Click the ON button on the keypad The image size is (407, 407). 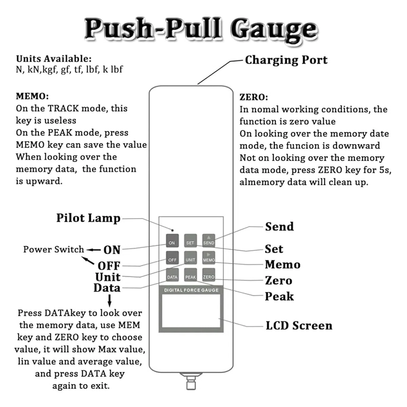click(x=172, y=240)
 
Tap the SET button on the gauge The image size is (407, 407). click(x=190, y=240)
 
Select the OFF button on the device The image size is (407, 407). click(x=172, y=258)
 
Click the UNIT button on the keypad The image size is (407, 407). click(x=190, y=258)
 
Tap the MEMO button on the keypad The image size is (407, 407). click(x=209, y=258)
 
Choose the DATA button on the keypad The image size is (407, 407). click(x=172, y=275)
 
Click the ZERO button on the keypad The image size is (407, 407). click(x=209, y=275)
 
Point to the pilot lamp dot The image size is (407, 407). click(x=172, y=230)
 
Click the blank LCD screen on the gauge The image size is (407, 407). click(x=191, y=311)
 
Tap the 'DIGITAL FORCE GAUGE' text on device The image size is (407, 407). click(x=191, y=290)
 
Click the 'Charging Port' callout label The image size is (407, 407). click(x=286, y=60)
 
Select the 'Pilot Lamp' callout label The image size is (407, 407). click(x=88, y=218)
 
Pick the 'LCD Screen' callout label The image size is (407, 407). click(x=299, y=326)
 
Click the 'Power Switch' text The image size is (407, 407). click(x=54, y=249)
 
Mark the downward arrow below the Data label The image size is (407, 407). click(x=110, y=301)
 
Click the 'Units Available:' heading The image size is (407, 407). click(x=54, y=59)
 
